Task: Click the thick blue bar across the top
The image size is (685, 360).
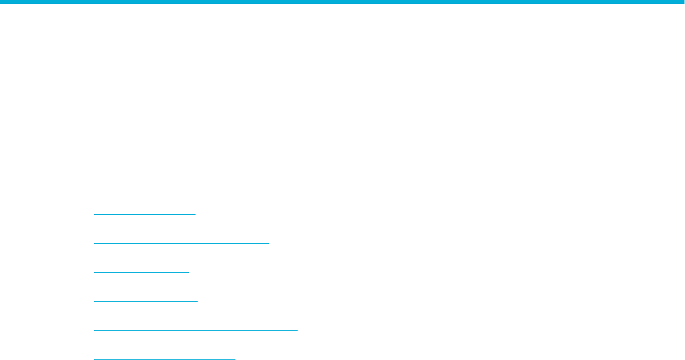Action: (342, 3)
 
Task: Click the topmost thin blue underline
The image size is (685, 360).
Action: (144, 214)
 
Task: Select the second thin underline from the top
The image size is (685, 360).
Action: (181, 243)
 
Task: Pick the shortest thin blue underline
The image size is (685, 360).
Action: (141, 272)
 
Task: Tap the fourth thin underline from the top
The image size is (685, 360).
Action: (145, 301)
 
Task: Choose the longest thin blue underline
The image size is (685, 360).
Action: (195, 330)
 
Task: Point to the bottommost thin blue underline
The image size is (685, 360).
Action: (164, 359)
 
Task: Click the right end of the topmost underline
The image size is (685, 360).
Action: (196, 214)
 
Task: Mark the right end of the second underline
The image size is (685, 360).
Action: (269, 243)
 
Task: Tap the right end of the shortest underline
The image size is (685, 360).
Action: (189, 272)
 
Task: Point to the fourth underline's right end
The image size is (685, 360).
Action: (197, 301)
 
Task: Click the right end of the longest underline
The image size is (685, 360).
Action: (298, 330)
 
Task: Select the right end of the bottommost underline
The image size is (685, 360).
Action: (235, 359)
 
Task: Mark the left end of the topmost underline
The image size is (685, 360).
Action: (93, 214)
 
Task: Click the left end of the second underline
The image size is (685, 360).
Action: (93, 243)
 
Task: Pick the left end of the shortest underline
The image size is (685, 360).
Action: (93, 272)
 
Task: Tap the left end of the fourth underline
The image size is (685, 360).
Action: (93, 301)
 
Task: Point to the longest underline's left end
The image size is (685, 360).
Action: (93, 330)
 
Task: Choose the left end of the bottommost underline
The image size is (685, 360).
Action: (93, 359)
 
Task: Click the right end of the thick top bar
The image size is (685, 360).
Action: (682, 3)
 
